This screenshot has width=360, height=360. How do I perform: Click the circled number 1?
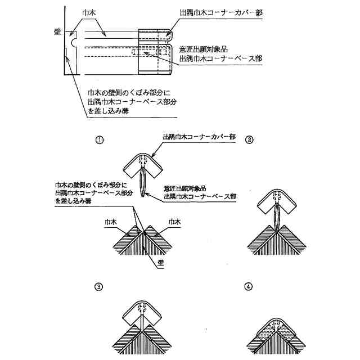click(x=99, y=140)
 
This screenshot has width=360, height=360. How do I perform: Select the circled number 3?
click(x=99, y=286)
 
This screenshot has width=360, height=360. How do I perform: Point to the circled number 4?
click(x=249, y=286)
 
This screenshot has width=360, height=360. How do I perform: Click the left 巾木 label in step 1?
click(x=111, y=222)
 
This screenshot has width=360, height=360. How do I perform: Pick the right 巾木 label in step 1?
click(x=174, y=222)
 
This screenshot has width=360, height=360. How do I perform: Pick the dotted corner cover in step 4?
click(x=276, y=332)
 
